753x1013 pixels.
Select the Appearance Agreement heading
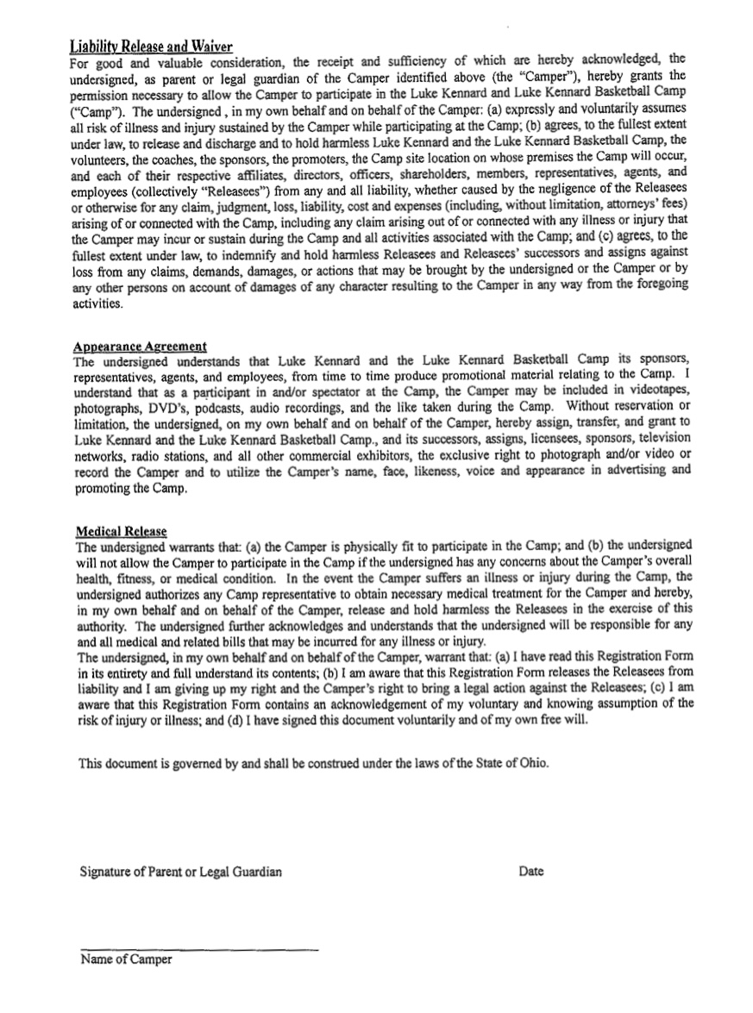point(141,346)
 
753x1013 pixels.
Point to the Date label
point(531,872)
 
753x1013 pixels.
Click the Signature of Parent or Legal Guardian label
point(181,872)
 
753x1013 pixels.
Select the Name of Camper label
point(126,960)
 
